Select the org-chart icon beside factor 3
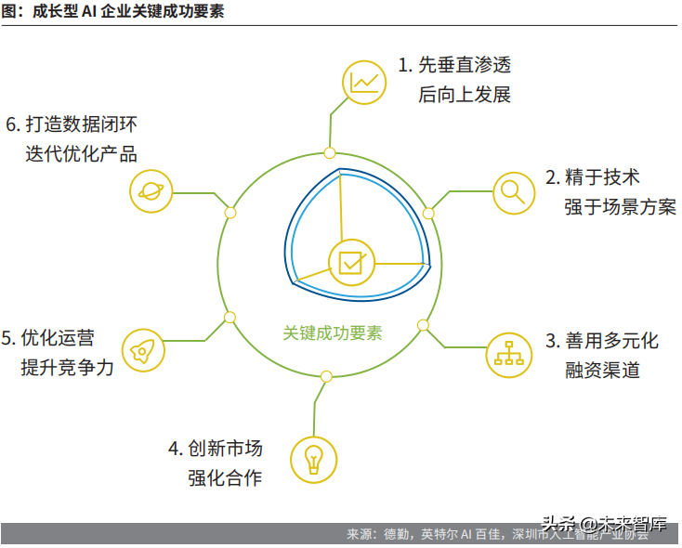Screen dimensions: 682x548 point(508,353)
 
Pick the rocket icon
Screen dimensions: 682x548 point(143,349)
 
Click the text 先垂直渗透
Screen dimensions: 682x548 point(464,66)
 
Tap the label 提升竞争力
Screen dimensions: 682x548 point(67,366)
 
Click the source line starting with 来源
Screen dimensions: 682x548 point(502,535)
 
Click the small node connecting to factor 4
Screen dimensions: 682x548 point(325,377)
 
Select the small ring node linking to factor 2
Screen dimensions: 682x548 point(428,213)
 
